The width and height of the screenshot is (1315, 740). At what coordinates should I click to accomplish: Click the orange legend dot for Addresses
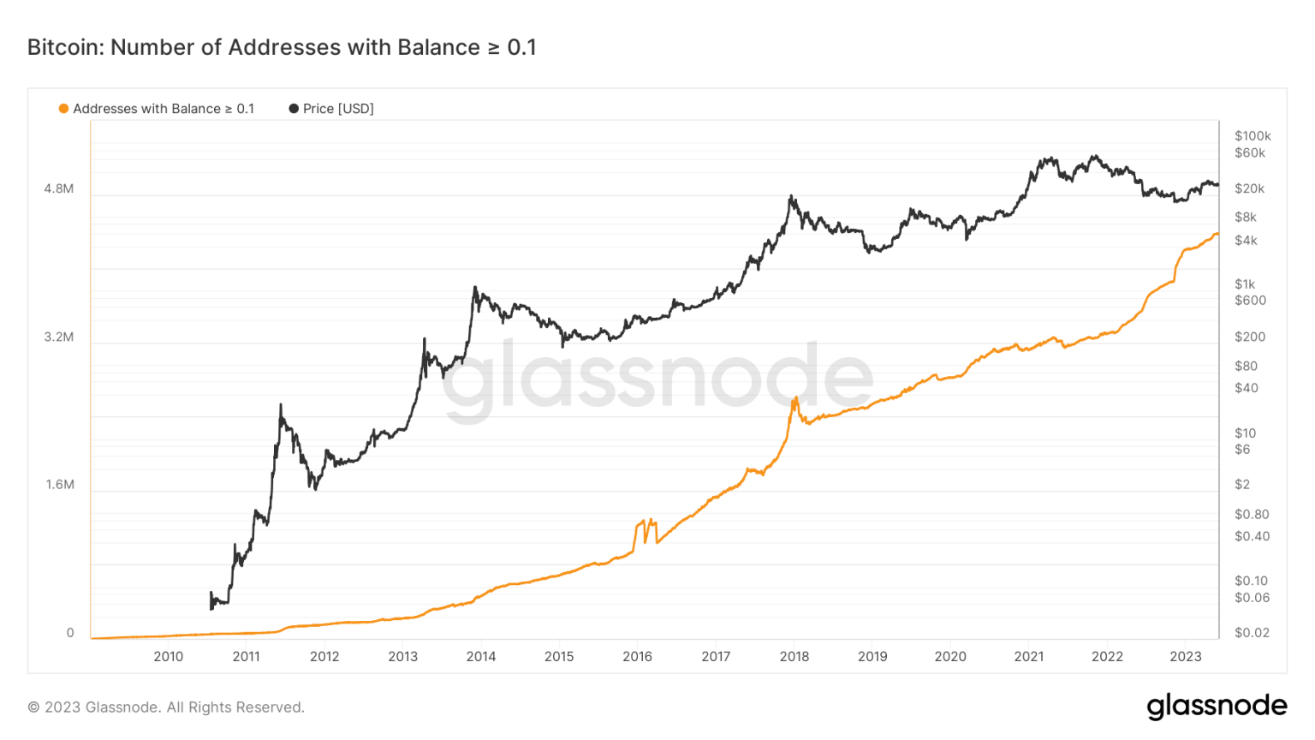63,109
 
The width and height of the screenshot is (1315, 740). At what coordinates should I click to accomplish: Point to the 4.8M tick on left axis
59,188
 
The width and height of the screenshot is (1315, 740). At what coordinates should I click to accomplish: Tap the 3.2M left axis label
59,337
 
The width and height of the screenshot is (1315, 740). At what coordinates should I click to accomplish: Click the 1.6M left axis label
60,485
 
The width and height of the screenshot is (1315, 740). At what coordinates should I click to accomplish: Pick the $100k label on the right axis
1253,135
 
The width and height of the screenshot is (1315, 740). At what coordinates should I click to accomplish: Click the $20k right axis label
1249,188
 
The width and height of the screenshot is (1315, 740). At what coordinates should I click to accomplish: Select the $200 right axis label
1249,337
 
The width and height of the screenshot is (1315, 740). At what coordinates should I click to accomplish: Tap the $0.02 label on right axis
1252,633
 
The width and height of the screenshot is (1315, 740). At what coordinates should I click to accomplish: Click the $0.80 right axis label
1252,514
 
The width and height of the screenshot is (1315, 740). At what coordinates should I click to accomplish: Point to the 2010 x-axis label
168,657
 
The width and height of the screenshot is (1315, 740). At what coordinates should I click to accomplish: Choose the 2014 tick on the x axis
481,657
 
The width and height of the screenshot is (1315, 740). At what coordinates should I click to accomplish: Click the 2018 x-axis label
794,657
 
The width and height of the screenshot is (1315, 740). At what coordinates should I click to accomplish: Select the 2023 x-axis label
1186,657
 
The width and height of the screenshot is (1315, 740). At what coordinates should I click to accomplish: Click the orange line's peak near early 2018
795,398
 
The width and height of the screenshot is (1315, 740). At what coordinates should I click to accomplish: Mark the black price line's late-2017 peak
791,197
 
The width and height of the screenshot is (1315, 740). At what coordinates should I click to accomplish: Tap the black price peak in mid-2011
281,405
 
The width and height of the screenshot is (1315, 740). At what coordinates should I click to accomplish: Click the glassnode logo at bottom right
1217,707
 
